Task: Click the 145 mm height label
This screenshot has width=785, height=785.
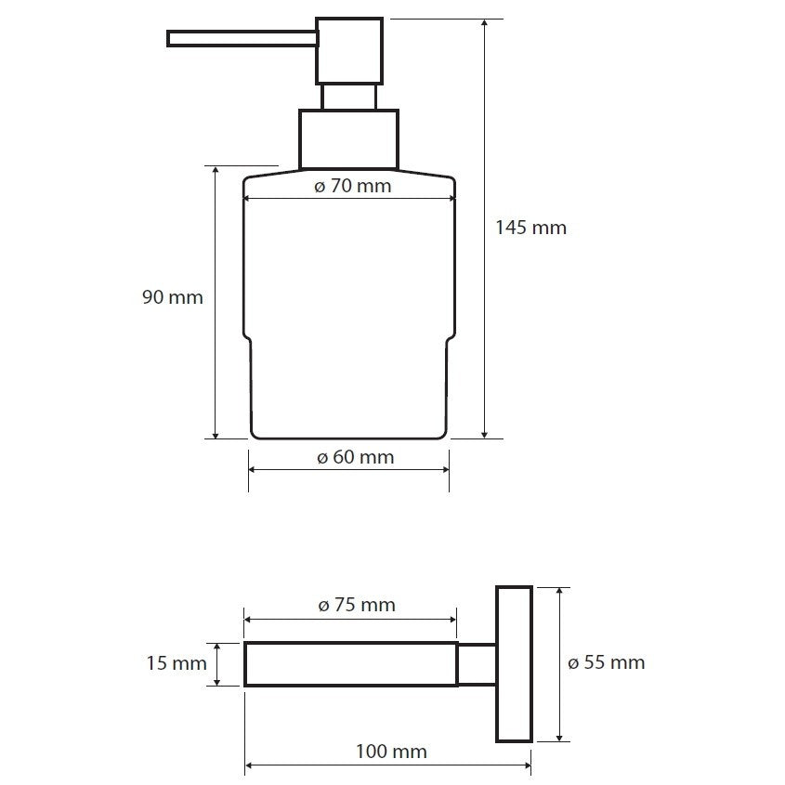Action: pos(530,228)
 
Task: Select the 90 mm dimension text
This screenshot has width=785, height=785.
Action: pos(173,297)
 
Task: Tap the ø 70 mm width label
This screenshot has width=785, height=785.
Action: pos(352,186)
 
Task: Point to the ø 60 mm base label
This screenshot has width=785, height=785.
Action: pos(356,457)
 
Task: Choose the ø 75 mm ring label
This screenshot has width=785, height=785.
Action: pos(357,605)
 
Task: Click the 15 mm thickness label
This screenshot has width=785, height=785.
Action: pos(177,663)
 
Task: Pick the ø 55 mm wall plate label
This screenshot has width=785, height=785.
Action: pos(607,663)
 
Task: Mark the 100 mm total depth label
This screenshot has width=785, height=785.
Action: pos(391,752)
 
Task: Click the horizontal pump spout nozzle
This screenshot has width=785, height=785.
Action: pos(242,38)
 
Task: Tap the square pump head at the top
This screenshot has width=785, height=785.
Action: pos(349,50)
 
